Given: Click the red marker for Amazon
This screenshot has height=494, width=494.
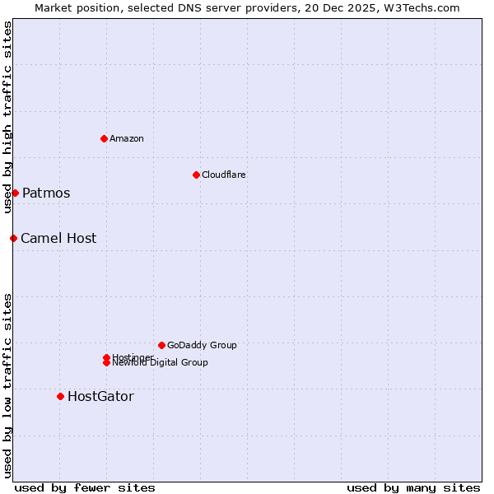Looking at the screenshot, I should (104, 138).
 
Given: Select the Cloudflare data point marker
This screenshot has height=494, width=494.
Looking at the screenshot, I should (196, 175).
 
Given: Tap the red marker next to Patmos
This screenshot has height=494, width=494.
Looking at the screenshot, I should (15, 193).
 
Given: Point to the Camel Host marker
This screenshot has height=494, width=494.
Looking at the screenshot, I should (13, 238).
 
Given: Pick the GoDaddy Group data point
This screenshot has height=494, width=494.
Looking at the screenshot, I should (161, 345).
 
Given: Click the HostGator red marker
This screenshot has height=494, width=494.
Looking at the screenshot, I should (60, 396).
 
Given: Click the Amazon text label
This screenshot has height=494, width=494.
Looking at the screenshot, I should (126, 138).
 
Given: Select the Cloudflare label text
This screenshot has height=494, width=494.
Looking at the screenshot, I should (223, 175).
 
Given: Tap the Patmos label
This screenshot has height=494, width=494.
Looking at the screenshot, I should (46, 193).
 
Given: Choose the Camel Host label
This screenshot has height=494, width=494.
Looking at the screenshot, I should (58, 238).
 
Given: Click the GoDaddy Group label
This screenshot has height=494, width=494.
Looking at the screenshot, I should (202, 345).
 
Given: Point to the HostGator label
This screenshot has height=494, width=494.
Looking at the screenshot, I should (100, 396).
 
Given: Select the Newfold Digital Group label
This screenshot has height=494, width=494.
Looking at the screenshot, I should (161, 363).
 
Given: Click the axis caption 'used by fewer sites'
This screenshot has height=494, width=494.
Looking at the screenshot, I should (85, 487).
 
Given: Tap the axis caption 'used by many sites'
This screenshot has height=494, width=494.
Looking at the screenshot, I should (413, 487).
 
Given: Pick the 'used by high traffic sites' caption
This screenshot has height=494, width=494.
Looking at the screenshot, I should (7, 118).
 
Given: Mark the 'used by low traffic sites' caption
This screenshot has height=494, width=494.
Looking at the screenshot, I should (7, 384).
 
